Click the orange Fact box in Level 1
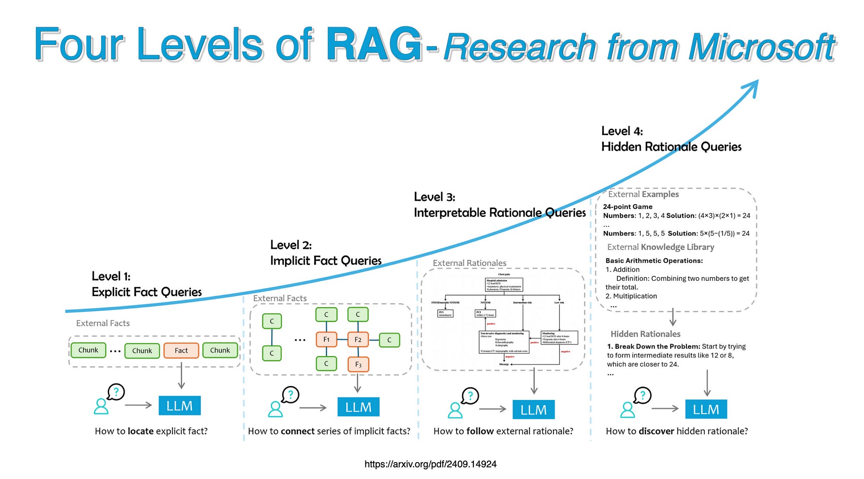(x=181, y=350)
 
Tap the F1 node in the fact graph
(x=326, y=339)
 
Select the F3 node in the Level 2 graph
(x=358, y=365)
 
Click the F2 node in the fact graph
(x=358, y=339)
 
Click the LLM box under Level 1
(x=179, y=406)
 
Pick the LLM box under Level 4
(x=706, y=409)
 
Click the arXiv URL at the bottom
(x=430, y=464)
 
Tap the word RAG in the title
(x=374, y=44)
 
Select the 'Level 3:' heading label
(x=434, y=197)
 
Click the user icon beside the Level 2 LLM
(x=275, y=409)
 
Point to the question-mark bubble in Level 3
(x=470, y=395)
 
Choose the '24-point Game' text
(x=627, y=207)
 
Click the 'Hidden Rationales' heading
(x=645, y=334)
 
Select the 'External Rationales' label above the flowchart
(x=469, y=263)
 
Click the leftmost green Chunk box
(x=88, y=350)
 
